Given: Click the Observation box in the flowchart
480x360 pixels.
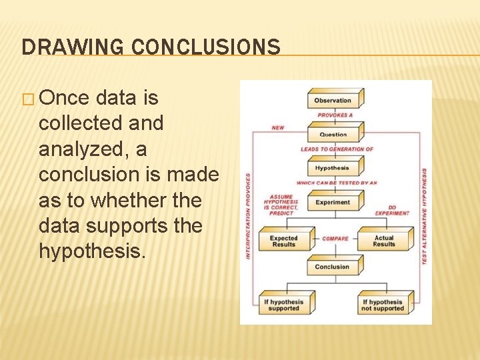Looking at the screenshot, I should click(333, 101).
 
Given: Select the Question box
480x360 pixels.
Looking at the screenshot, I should click(333, 134).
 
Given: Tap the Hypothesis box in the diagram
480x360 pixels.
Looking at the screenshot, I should click(333, 168).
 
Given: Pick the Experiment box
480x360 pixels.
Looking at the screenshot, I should click(333, 203).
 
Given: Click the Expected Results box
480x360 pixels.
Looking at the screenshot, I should click(284, 241).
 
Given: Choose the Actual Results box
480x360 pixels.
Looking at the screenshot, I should click(384, 241).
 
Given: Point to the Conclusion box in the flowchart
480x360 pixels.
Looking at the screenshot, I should click(333, 267).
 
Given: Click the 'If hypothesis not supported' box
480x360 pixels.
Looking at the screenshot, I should click(383, 305).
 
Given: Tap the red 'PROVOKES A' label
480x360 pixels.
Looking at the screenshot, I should click(335, 115).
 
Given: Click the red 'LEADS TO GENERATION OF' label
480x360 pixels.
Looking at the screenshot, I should click(337, 149).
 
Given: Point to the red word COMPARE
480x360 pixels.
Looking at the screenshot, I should click(335, 239).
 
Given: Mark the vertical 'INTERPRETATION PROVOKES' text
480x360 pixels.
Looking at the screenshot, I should click(248, 217).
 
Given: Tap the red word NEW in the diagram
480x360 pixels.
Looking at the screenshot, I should click(277, 127).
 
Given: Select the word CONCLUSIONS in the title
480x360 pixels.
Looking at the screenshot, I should click(205, 47).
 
